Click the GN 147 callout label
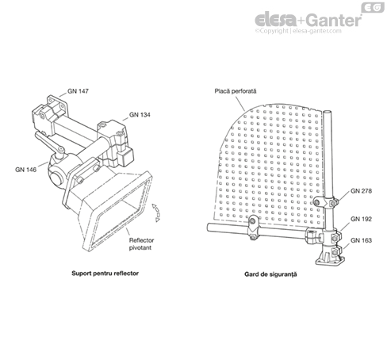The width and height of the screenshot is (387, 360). point(78,91)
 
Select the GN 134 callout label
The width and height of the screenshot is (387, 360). point(140,115)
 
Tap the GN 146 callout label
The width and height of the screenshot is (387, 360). point(25,170)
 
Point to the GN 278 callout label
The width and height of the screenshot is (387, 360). point(361,191)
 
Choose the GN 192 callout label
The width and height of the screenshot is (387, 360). point(361,219)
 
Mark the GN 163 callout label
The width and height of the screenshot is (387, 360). point(361,240)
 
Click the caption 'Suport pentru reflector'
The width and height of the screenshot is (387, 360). point(105,274)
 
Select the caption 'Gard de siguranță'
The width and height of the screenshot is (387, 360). point(270,274)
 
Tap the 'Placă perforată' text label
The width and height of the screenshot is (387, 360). point(236,91)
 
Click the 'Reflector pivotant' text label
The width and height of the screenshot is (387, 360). point(141,244)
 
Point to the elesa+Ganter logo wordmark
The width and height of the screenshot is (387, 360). point(308,20)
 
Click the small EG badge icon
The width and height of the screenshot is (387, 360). point(373,7)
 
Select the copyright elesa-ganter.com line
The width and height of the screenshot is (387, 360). point(298,31)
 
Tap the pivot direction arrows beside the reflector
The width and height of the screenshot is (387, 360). point(156,213)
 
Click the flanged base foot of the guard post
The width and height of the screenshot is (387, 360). point(330,257)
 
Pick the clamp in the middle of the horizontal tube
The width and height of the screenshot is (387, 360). point(253,227)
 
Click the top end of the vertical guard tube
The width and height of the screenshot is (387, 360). point(328,112)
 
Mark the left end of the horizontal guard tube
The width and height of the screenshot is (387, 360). point(209,227)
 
